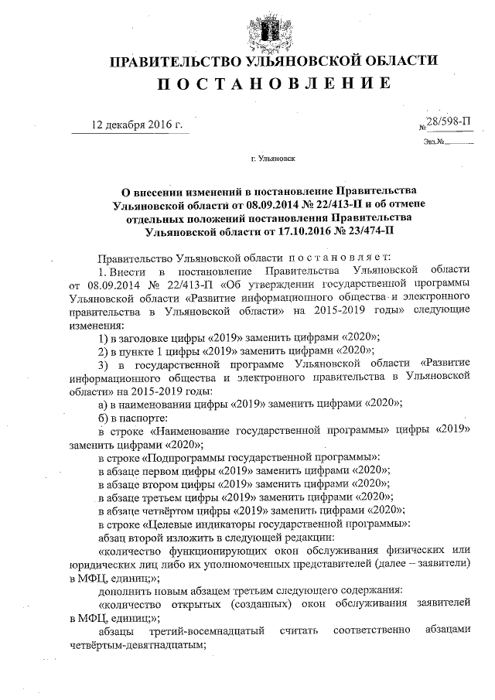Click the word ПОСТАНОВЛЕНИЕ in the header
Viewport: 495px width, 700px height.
[271, 83]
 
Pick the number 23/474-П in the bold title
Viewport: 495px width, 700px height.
[365, 230]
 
